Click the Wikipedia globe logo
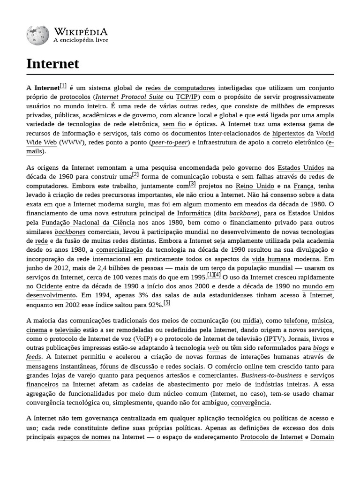(37, 35)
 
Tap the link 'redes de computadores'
(180, 88)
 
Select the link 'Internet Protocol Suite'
(129, 97)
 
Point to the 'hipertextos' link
(288, 133)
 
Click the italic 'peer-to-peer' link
(168, 142)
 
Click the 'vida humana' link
(271, 259)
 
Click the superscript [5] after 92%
(167, 303)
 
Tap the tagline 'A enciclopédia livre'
(81, 40)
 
